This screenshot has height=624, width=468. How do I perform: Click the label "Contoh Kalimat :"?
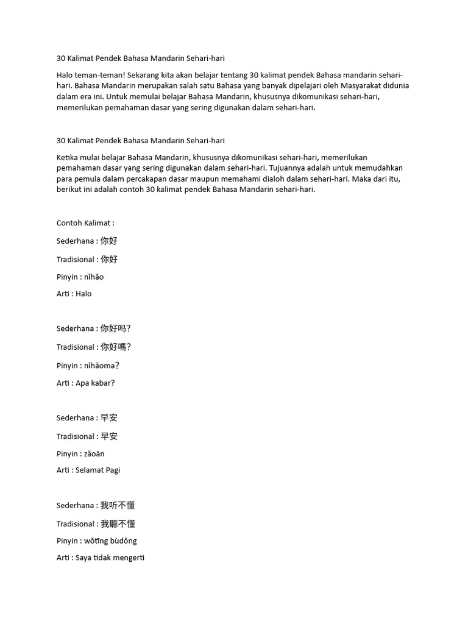[85, 223]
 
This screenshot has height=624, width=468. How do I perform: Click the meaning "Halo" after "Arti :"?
[84, 294]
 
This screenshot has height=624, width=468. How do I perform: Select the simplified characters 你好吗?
[116, 329]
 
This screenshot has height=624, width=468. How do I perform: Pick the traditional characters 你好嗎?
[116, 347]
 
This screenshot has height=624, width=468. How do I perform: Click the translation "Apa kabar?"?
[96, 383]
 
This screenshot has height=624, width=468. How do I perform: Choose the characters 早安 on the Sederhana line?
[109, 418]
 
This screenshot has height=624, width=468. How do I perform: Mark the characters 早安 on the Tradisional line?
[109, 436]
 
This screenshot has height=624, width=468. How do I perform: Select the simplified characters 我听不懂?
[118, 506]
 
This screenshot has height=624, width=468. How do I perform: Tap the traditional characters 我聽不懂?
[118, 524]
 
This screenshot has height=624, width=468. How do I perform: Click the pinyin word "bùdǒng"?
[123, 541]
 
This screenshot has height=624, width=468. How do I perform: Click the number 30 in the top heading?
[61, 58]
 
